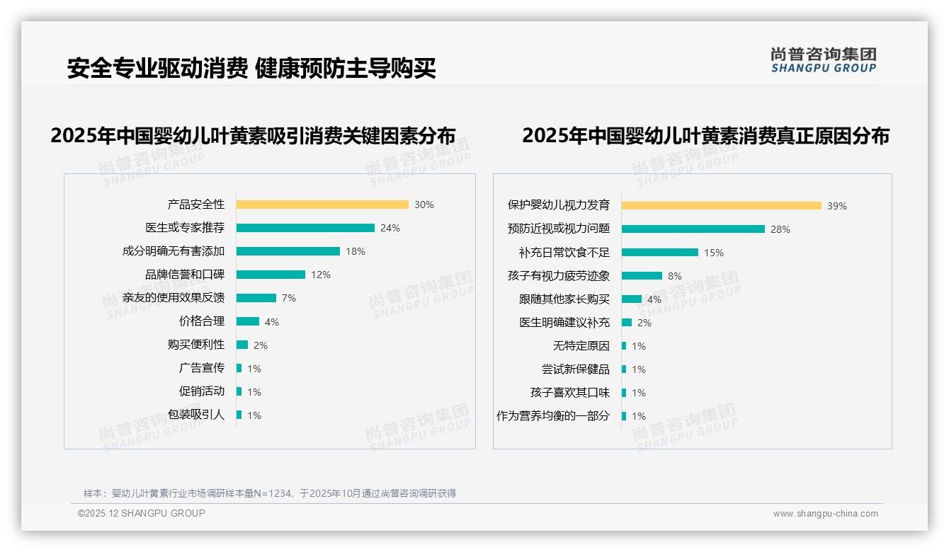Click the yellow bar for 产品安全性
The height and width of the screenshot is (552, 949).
click(322, 205)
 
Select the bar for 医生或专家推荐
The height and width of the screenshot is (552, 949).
click(305, 228)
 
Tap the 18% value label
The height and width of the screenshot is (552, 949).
click(356, 251)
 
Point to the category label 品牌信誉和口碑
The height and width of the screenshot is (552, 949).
click(185, 275)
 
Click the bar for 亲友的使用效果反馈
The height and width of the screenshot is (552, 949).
click(256, 298)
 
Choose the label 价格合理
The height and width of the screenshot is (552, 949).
click(202, 321)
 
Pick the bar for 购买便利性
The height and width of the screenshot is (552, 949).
click(242, 345)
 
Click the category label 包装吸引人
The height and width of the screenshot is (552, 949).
click(196, 415)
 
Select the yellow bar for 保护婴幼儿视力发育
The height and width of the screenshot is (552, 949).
click(722, 206)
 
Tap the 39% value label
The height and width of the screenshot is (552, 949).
click(837, 206)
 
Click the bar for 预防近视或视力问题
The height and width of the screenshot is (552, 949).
click(693, 229)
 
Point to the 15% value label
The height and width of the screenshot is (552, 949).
click(714, 253)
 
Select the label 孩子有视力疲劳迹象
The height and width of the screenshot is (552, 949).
click(559, 276)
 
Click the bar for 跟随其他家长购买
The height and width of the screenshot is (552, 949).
click(632, 299)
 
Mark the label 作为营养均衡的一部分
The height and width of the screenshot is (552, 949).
click(553, 416)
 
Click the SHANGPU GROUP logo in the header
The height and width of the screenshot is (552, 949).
click(824, 60)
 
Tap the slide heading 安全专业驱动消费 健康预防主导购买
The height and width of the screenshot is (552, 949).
click(251, 68)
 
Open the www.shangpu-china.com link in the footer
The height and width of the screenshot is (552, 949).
click(825, 514)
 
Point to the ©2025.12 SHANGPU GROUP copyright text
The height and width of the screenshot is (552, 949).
click(142, 513)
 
